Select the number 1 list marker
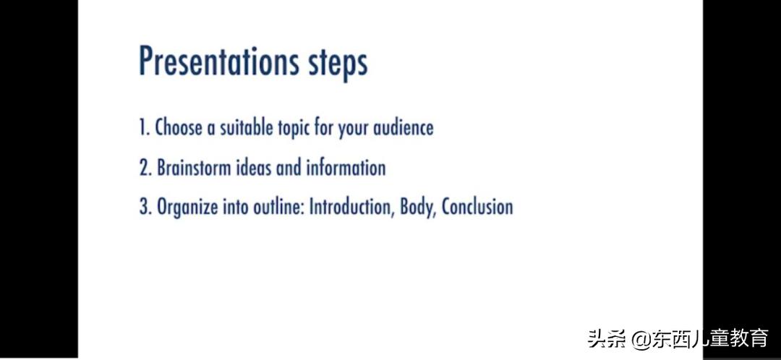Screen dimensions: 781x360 click(145, 127)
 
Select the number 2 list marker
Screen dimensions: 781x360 click(145, 168)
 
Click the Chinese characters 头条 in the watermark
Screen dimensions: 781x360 click(607, 338)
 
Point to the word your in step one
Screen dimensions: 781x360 click(353, 129)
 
